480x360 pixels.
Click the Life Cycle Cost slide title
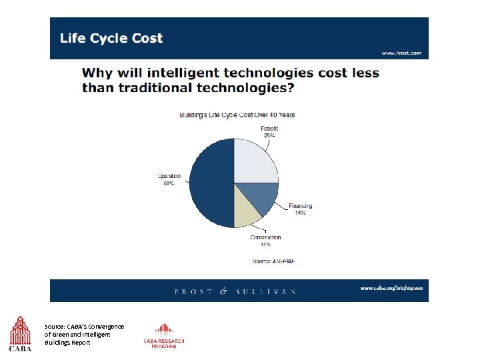[111, 38]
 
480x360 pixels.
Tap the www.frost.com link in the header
[401, 53]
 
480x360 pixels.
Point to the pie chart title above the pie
[237, 115]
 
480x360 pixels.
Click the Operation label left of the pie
[169, 176]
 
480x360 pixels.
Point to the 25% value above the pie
[269, 135]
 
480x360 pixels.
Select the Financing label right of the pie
[300, 206]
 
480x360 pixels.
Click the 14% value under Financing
[300, 213]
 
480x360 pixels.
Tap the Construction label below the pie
[265, 237]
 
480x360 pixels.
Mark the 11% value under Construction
[265, 245]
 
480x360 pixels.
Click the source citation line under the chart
[273, 261]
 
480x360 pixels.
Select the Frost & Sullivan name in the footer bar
[235, 291]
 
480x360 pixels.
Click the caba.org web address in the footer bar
[391, 288]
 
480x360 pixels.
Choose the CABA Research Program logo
[163, 335]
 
